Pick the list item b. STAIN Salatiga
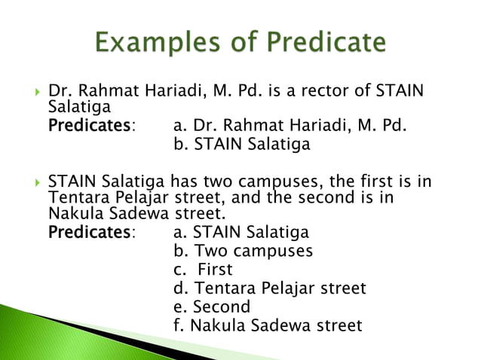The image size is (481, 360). click(x=241, y=144)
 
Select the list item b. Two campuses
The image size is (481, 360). click(x=243, y=251)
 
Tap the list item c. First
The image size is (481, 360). click(x=203, y=270)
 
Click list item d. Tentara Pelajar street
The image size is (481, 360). click(x=269, y=288)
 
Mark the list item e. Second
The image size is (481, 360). click(x=211, y=307)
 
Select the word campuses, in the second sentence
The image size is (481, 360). click(x=262, y=182)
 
